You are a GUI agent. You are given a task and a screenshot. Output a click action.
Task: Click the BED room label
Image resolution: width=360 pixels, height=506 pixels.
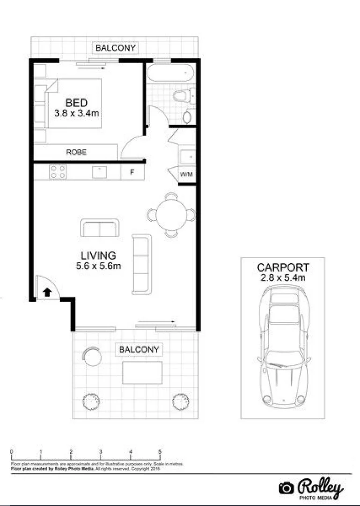[x=77, y=102]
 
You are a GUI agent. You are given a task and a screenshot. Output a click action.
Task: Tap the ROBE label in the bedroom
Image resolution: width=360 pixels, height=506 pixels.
[x=76, y=152]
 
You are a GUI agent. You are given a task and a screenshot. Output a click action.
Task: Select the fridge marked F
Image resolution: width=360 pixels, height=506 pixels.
[x=132, y=172]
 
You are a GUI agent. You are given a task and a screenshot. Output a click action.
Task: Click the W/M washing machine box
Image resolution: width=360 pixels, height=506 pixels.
[x=187, y=175]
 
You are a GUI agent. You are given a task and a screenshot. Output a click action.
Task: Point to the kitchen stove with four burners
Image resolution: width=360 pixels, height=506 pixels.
[x=58, y=172]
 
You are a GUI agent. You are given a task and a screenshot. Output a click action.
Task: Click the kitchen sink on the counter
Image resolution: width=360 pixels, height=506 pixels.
[x=100, y=172]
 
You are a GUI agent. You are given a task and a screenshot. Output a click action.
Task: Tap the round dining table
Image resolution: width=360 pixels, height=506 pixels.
[x=171, y=215]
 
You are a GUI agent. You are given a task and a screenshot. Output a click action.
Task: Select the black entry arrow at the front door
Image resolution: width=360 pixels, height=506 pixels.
[x=47, y=293]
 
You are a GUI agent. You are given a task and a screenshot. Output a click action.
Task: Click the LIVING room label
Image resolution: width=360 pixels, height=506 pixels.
[x=98, y=256]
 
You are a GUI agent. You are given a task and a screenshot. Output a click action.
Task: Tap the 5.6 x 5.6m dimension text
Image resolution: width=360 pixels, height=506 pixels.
[x=98, y=266]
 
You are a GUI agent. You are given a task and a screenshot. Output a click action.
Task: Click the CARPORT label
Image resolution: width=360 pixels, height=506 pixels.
[x=283, y=268]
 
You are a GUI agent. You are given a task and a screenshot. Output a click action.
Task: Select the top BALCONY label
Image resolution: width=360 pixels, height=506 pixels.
[x=115, y=48]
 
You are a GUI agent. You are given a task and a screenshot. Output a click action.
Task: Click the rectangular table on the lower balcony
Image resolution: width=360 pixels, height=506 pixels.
[x=142, y=372]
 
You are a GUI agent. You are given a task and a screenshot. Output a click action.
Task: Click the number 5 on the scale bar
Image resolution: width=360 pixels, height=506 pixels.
[x=160, y=452]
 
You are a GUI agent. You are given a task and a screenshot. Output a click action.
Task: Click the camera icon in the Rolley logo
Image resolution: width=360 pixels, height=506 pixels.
[x=286, y=488]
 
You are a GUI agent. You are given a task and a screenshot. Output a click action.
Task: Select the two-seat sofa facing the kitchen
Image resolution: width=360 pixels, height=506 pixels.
[x=99, y=228]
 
